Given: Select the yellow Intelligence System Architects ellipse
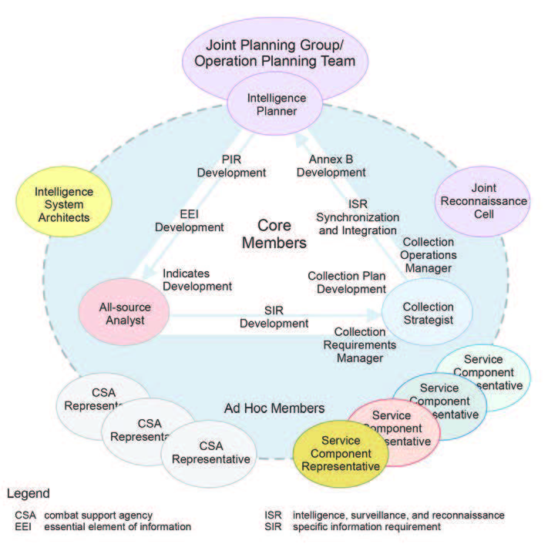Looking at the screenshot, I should tap(65, 204).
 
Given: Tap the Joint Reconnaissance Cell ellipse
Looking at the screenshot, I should tap(482, 201).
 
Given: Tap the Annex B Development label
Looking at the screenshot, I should tap(331, 166).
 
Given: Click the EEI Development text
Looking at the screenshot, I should tap(190, 220).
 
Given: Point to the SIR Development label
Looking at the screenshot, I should tap(274, 317).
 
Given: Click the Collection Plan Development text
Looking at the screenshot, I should tap(346, 282).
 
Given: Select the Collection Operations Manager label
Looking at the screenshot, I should tap(430, 254).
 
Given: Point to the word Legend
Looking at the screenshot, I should tap(28, 493).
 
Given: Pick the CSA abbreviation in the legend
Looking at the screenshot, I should tap(25, 514).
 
